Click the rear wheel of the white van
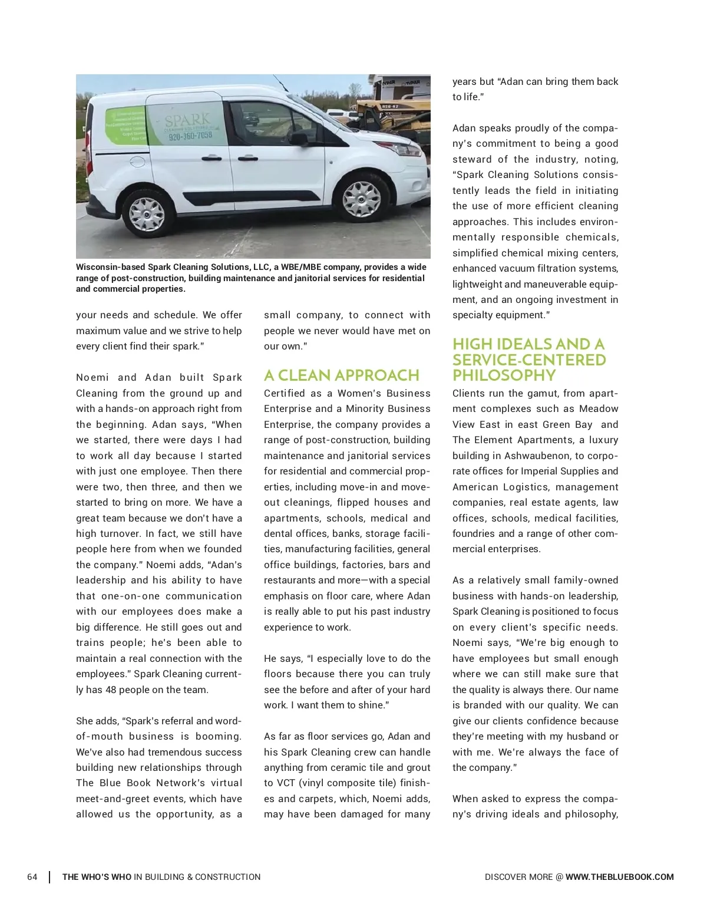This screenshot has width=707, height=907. [x=146, y=213]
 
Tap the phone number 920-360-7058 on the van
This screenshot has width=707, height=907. [x=190, y=136]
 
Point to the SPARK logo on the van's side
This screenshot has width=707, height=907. [x=188, y=120]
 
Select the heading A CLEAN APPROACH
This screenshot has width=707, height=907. [x=341, y=375]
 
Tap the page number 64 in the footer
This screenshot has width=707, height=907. [x=32, y=877]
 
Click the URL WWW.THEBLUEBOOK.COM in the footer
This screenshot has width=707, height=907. [x=619, y=877]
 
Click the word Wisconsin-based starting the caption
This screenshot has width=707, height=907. [x=110, y=267]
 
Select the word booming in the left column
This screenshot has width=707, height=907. [x=219, y=736]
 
